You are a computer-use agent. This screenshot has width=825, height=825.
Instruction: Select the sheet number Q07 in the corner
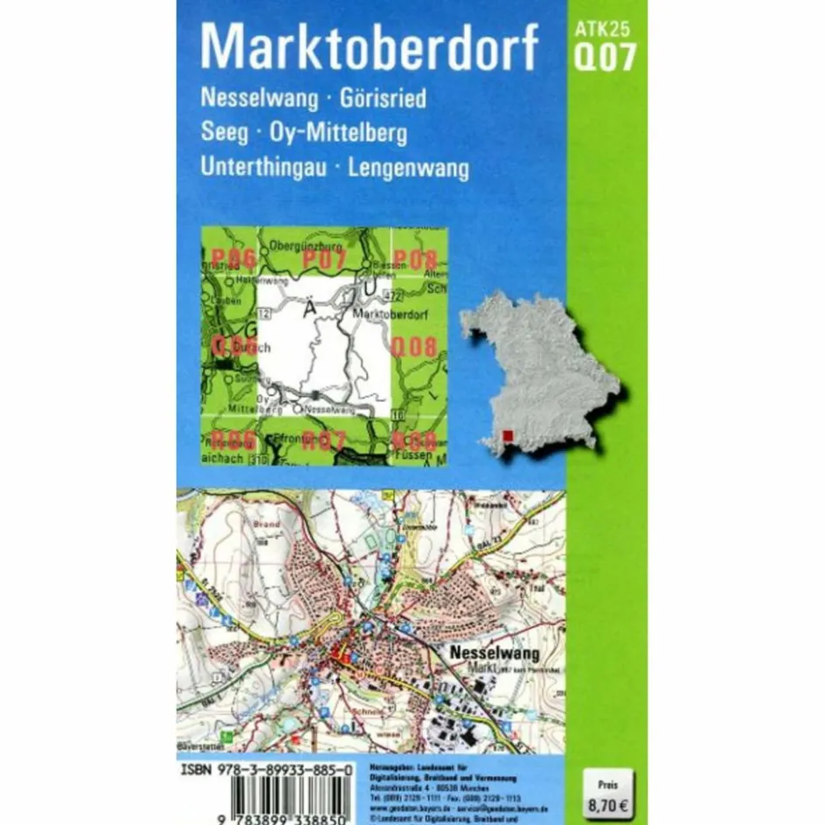(603, 58)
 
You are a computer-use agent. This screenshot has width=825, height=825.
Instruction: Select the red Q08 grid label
(413, 346)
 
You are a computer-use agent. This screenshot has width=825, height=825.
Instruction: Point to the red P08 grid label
(413, 259)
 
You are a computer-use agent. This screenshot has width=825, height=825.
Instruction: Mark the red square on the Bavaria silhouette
(509, 434)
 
